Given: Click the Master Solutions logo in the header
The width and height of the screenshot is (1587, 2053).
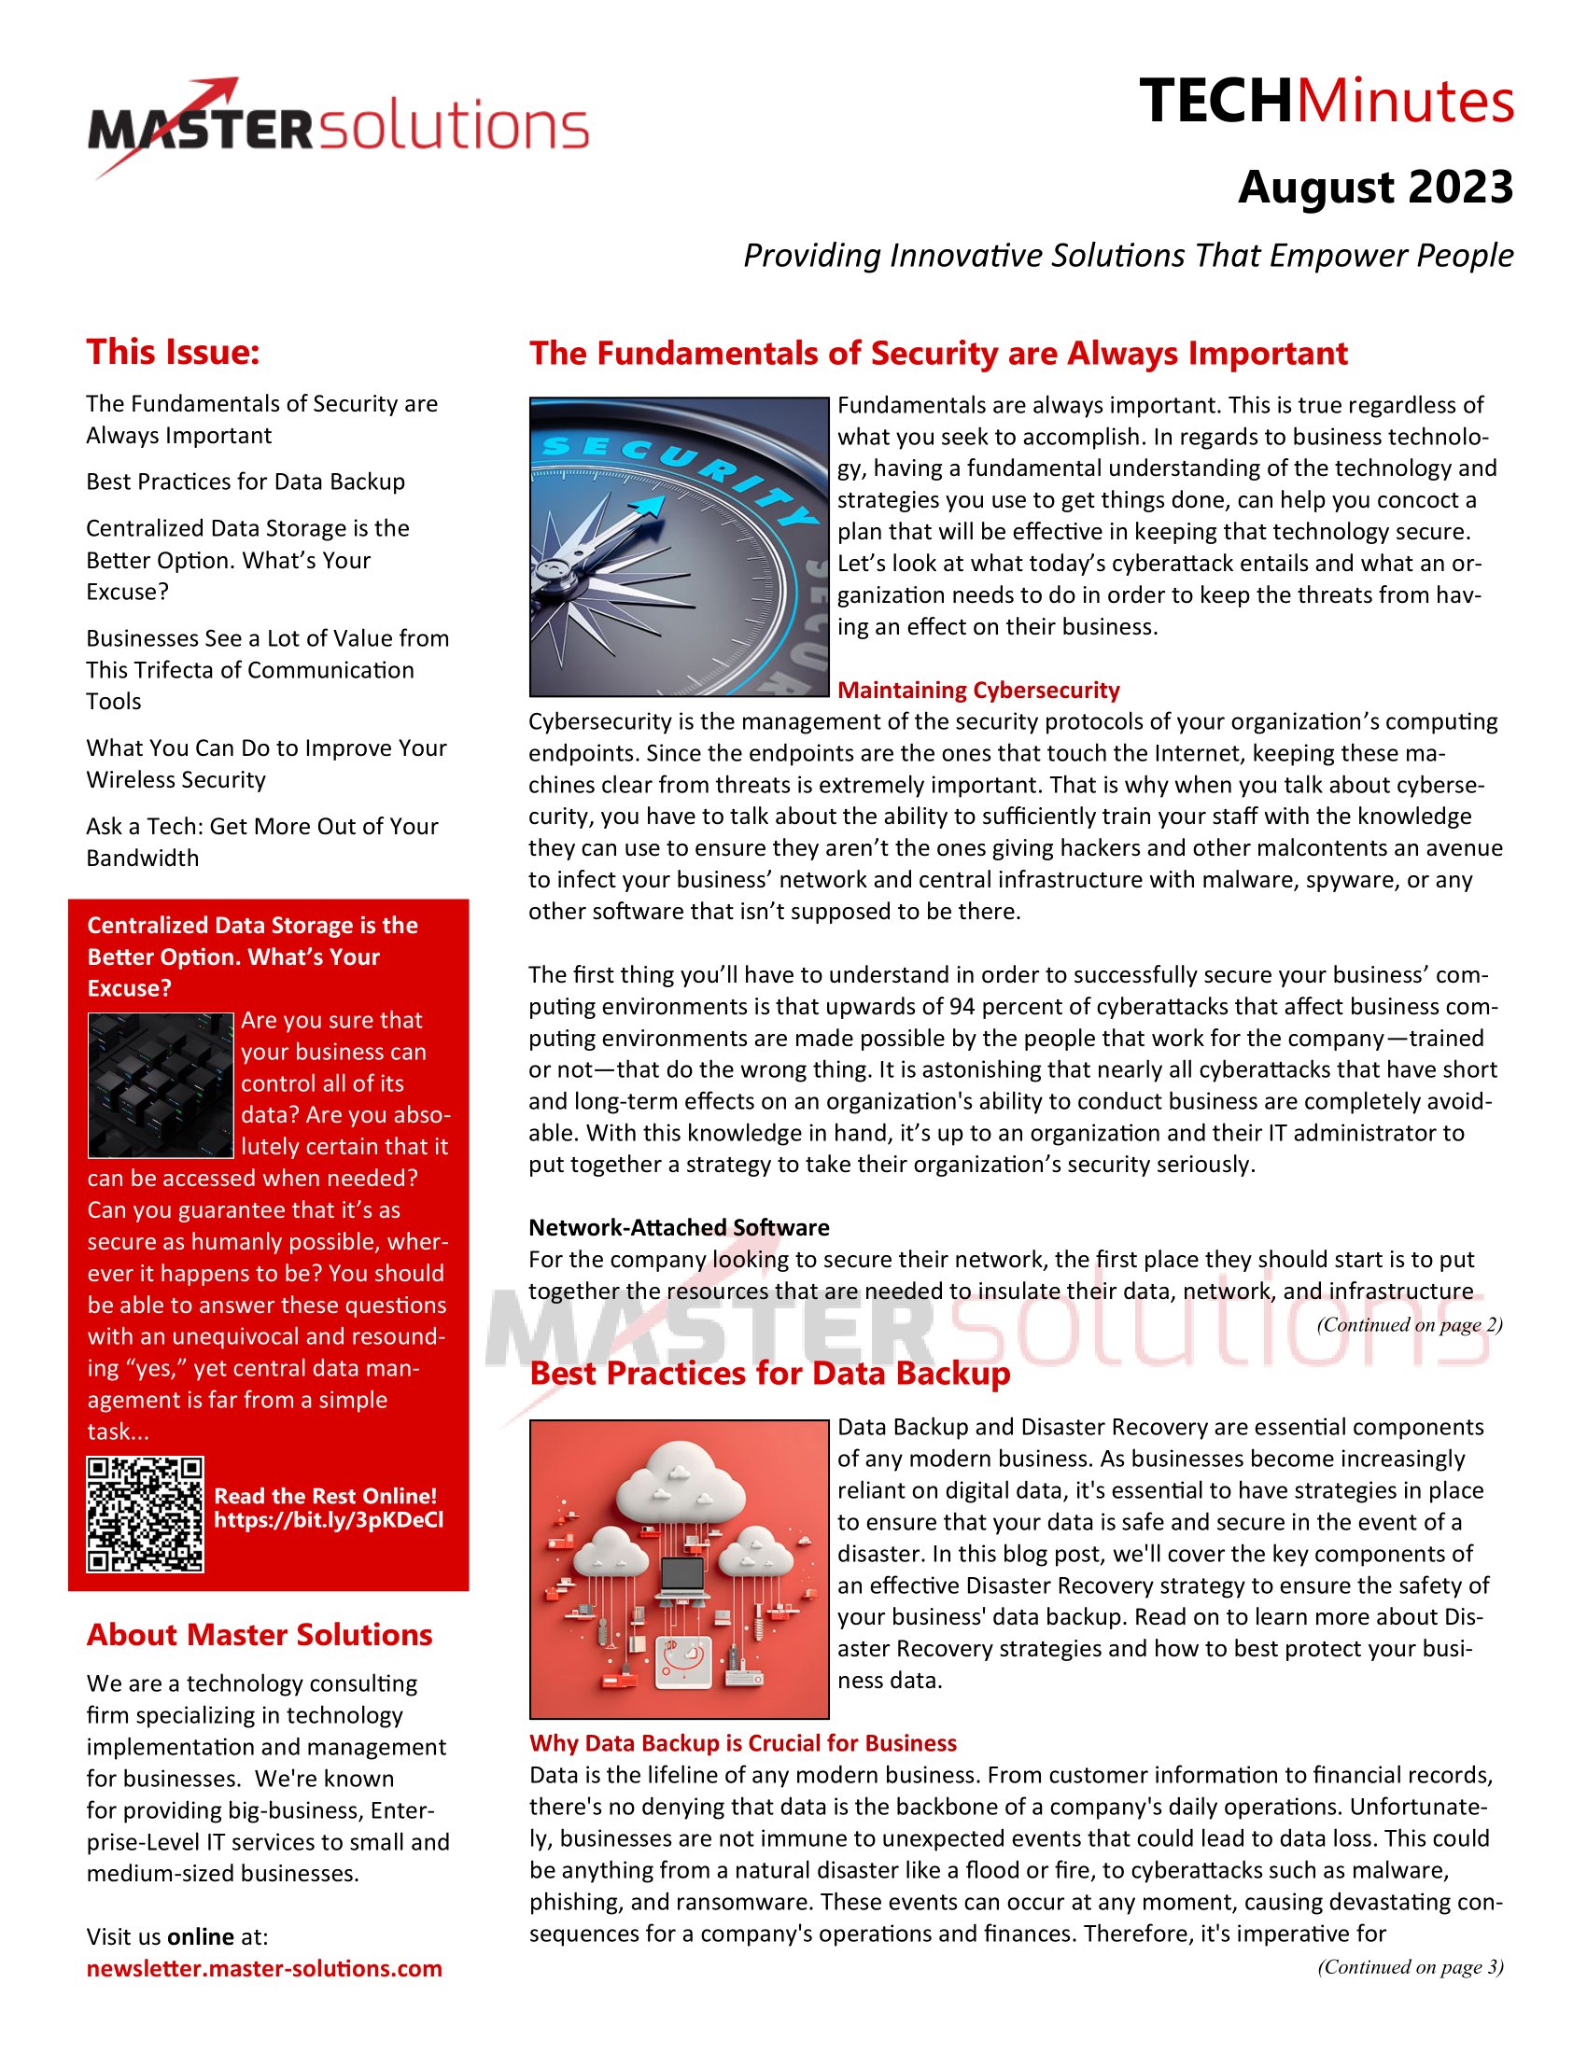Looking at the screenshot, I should click(339, 128).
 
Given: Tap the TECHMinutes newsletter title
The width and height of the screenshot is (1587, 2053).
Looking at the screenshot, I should click(1326, 102).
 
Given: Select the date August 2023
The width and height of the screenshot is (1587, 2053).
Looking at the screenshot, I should click(1374, 187).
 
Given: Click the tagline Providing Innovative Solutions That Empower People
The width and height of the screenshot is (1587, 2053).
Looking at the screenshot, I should click(1128, 256).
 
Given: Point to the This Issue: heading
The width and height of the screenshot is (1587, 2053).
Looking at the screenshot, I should click(173, 353).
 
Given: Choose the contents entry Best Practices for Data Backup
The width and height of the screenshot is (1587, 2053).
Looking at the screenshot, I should click(246, 482).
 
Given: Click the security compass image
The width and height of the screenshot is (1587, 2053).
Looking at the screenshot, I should click(679, 547).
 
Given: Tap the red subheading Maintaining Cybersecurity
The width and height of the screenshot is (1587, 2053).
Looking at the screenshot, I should click(977, 690).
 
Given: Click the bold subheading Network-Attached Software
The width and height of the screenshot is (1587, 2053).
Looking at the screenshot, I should click(679, 1227).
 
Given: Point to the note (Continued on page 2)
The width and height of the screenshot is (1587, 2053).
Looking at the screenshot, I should click(1409, 1324).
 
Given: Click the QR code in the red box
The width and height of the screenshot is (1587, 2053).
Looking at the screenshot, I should click(145, 1515).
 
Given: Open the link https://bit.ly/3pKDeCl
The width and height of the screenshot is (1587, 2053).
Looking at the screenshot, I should click(328, 1520).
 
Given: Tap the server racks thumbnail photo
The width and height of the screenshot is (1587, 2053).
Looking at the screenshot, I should click(160, 1084).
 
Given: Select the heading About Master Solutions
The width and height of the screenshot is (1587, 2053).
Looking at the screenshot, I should click(260, 1635).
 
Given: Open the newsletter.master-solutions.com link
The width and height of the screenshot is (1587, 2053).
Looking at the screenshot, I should click(264, 1968).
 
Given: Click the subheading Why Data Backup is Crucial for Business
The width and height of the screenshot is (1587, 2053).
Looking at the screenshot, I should click(743, 1743).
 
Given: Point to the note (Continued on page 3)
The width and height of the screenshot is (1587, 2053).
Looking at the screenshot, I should click(1410, 1966).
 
